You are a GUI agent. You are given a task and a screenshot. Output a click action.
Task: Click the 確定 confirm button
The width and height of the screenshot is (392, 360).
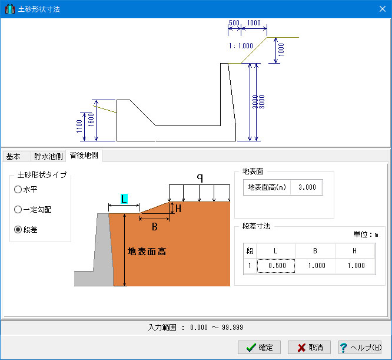click(259, 347)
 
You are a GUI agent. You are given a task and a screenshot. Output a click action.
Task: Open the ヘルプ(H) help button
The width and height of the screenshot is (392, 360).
click(360, 347)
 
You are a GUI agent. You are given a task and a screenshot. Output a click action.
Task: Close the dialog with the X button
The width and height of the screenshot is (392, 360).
click(382, 9)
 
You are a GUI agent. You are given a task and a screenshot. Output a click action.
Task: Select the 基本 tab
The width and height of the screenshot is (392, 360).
click(14, 157)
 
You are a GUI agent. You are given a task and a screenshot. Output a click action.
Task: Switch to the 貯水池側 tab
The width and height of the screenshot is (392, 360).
click(48, 157)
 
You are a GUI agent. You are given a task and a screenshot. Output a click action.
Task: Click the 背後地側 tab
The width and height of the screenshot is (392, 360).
click(84, 156)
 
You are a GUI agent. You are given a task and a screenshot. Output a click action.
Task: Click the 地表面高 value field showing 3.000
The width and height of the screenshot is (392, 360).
click(307, 187)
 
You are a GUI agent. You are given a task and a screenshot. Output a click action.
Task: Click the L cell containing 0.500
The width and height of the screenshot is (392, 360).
click(276, 266)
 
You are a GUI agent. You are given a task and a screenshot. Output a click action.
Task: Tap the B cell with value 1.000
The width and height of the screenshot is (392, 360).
click(315, 266)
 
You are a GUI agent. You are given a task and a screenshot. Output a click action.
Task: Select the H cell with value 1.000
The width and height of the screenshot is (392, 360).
click(355, 266)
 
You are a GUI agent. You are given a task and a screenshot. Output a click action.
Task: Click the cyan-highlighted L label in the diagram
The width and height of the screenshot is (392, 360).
click(124, 199)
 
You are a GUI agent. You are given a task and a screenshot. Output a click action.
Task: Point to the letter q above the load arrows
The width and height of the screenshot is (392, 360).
click(200, 177)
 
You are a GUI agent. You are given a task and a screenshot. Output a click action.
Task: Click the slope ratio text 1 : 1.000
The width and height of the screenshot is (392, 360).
click(241, 46)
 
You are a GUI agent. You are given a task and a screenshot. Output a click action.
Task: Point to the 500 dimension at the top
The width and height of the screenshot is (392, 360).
click(234, 23)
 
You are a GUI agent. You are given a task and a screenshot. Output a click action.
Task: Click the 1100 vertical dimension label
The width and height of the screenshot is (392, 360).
click(79, 126)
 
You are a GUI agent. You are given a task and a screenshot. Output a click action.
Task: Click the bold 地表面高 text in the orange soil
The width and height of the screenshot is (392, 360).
click(147, 252)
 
